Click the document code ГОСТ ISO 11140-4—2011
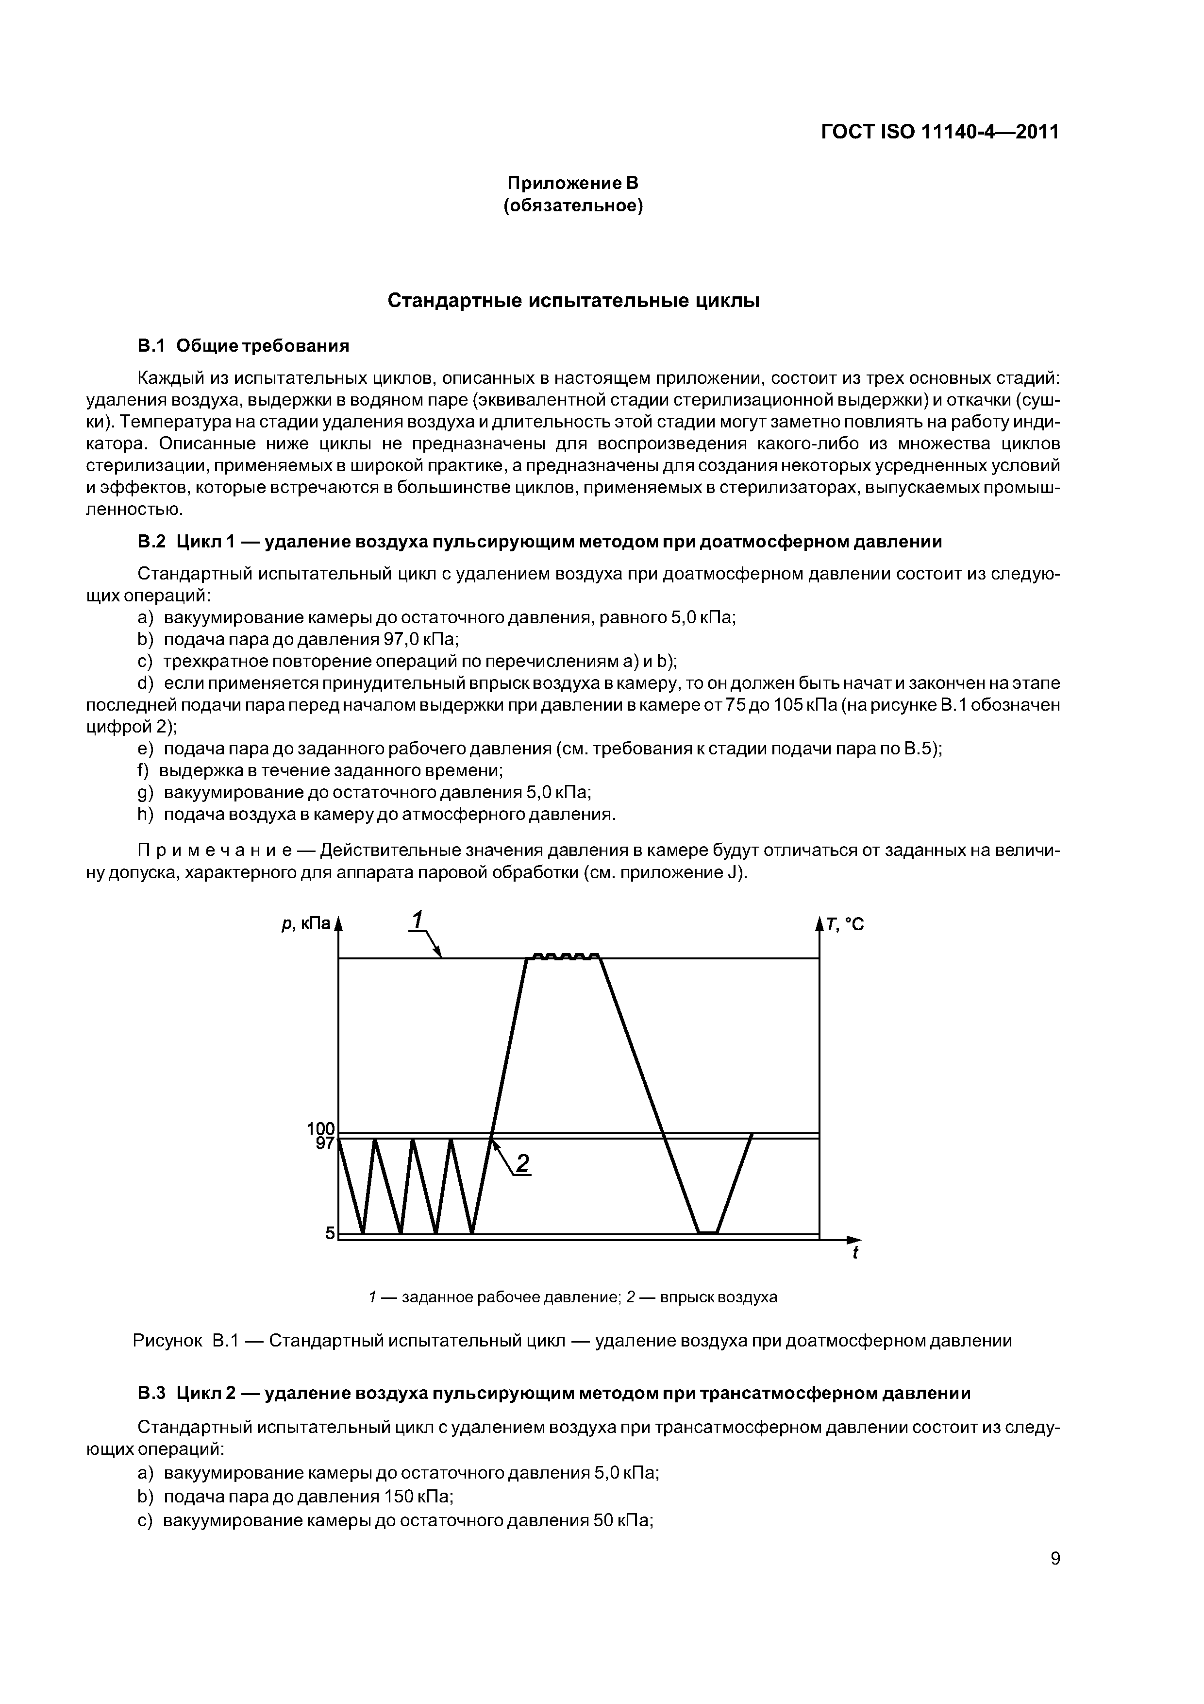[939, 132]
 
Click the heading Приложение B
[572, 183]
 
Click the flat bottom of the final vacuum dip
[708, 1233]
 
